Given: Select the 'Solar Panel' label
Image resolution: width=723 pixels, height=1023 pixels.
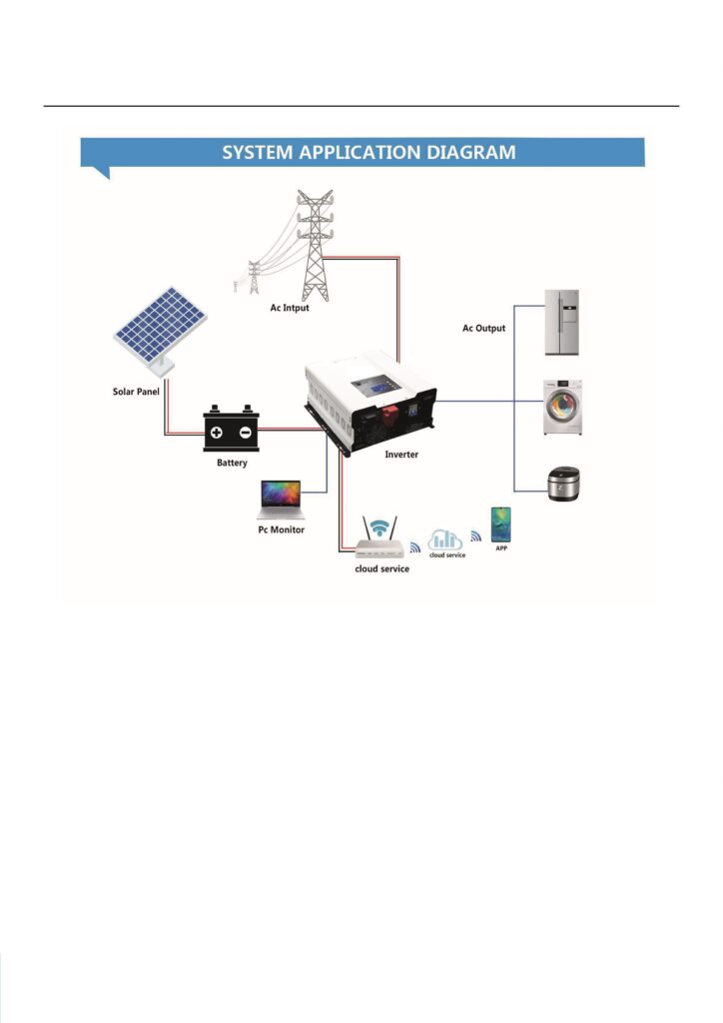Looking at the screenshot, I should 135,391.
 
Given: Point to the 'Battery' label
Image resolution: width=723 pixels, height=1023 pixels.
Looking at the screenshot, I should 233,463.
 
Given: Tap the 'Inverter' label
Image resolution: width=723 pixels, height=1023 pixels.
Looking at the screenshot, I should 402,455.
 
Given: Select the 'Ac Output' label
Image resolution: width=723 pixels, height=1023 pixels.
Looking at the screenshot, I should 483,328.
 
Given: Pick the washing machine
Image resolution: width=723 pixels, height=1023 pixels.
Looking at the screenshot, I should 560,406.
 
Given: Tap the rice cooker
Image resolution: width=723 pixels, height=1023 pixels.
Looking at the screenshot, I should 562,485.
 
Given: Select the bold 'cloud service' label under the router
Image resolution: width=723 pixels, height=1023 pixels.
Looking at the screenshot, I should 381,568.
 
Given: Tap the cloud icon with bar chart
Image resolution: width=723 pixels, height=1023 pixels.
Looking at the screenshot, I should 445,538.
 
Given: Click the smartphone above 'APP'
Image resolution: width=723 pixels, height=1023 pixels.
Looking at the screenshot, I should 500,524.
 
